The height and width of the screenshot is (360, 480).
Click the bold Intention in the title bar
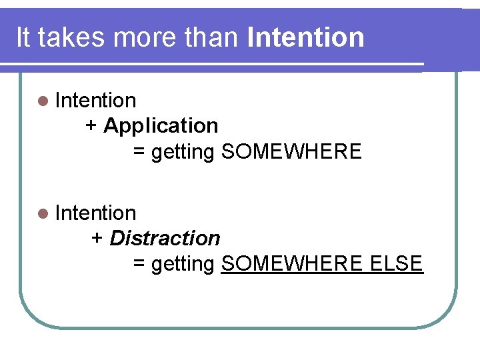pos(305,37)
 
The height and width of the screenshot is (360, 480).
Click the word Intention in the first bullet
pos(96,101)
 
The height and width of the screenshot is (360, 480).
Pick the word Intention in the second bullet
pos(96,213)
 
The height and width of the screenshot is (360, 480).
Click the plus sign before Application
pos(91,126)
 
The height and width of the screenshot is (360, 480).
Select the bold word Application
pos(161,126)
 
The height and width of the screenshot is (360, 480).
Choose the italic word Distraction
pos(165,238)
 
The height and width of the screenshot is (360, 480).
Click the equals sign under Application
pos(139,153)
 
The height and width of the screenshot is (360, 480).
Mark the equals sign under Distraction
pos(139,265)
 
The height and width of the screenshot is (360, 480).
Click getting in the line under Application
pos(183,153)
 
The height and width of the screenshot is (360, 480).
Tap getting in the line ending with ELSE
pos(183,265)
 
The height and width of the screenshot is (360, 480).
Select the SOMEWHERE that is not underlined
pos(291,152)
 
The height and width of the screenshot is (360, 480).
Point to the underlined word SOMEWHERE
pos(291,264)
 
